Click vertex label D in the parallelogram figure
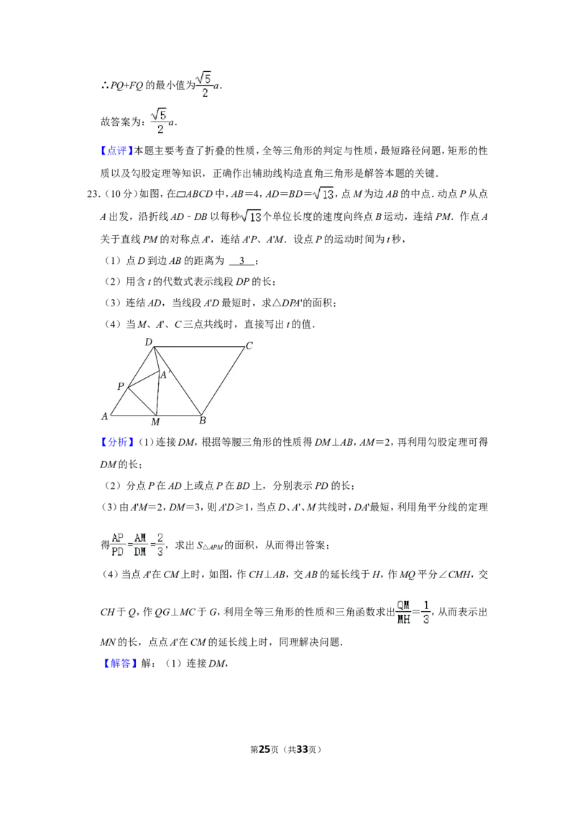pos(148,342)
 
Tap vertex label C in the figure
pos(249,346)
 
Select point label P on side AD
pos(121,386)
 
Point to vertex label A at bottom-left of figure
pos(104,416)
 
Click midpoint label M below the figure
pos(155,422)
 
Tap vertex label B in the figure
pos(203,421)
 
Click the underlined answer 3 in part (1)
pos(241,260)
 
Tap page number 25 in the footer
pos(264,749)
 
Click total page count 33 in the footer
pos(302,749)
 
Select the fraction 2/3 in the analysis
pos(160,545)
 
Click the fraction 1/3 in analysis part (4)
pos(426,612)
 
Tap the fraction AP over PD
pos(118,545)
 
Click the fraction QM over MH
pos(403,612)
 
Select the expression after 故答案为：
pos(163,121)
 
